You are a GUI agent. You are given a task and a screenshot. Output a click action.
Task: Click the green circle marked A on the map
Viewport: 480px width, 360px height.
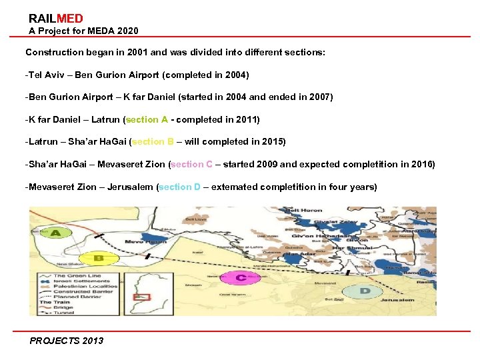56,233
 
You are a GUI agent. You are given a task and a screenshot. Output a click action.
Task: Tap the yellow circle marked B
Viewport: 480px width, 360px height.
98,257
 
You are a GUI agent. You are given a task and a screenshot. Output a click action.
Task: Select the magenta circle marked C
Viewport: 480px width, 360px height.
240,277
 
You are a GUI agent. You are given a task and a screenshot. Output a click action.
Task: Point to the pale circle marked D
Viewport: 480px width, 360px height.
365,291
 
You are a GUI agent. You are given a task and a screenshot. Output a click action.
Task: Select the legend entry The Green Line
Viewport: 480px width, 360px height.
77,275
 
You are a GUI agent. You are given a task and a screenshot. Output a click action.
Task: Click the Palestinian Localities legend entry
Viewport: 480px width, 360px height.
87,286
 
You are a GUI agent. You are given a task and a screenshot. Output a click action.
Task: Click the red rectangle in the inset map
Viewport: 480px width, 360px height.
140,296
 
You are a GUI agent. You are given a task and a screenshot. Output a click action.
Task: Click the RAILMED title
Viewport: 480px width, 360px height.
56,19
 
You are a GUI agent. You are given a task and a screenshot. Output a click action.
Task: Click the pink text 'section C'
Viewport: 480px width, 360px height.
192,164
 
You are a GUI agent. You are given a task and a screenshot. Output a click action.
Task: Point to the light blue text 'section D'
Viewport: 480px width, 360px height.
179,187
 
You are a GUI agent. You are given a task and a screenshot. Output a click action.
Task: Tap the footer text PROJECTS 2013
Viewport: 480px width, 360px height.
67,341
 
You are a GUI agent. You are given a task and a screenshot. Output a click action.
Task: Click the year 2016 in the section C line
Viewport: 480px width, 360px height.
421,164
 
